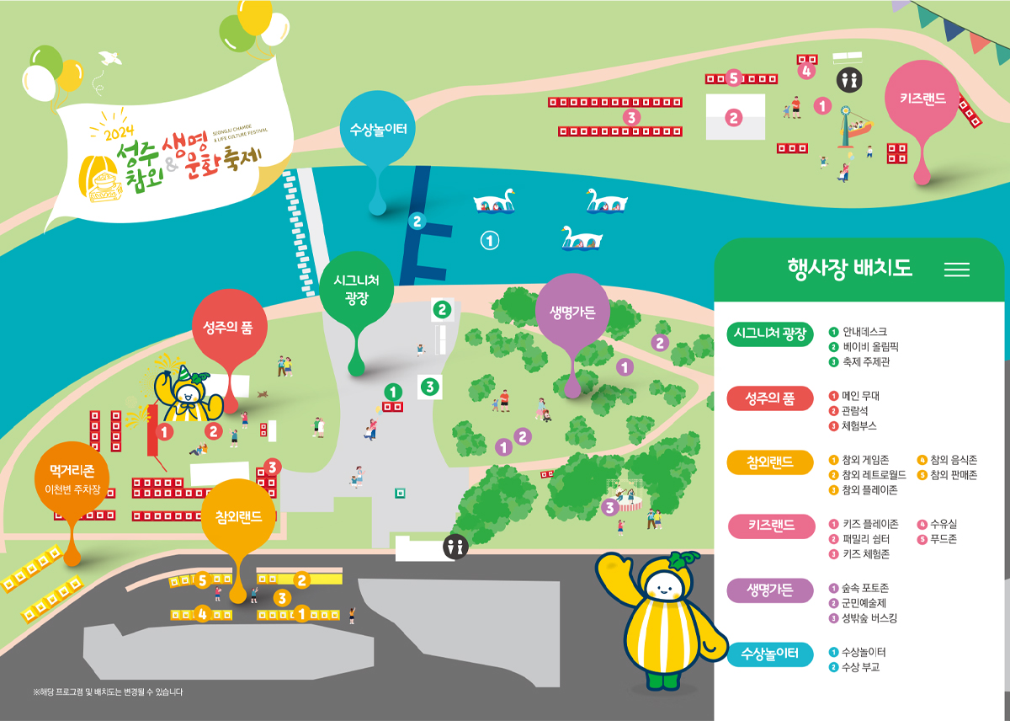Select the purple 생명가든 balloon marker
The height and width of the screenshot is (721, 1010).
[572, 312]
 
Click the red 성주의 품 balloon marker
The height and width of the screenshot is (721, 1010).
[228, 326]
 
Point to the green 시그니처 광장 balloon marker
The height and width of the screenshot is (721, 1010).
[358, 289]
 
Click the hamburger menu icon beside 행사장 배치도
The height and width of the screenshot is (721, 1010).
[957, 270]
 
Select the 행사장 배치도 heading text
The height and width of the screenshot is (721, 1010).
[849, 269]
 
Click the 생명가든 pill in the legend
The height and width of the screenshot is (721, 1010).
[770, 590]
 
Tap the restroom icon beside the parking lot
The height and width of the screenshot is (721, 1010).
[456, 547]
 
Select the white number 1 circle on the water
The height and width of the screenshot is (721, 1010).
[489, 241]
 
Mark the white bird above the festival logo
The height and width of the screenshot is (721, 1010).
[107, 57]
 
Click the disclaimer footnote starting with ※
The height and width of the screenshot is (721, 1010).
[108, 692]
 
